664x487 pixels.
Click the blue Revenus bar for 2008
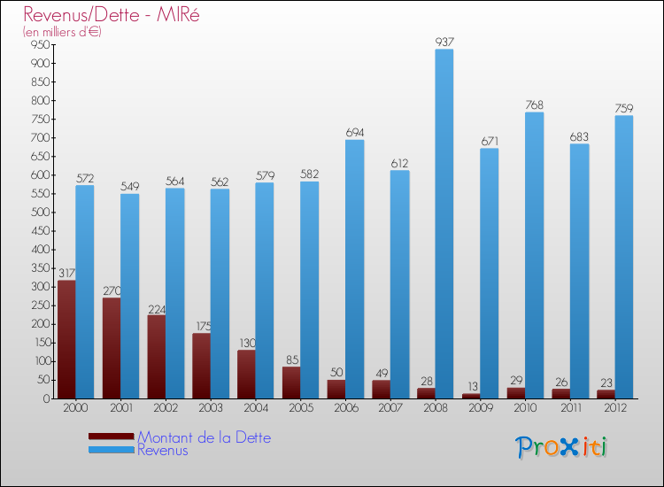444,223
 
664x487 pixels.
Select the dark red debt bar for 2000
66,339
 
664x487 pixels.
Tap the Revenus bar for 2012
624,257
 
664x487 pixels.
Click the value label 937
444,42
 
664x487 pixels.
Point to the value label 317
66,274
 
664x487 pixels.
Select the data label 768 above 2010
534,105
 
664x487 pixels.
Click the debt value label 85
291,359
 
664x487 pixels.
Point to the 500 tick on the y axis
38,213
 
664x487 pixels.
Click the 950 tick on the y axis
38,45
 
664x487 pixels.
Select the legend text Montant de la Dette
204,437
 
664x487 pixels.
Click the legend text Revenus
163,450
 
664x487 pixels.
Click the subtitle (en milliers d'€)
62,32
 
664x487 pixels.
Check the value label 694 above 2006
354,133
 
